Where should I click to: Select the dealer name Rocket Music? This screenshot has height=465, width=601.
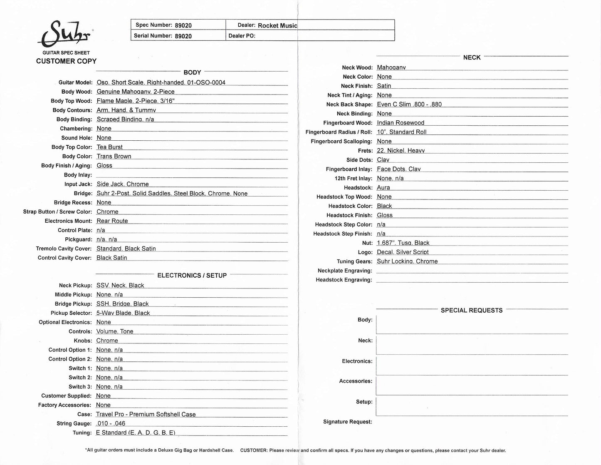pos(277,25)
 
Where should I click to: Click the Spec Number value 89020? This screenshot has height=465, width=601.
pos(183,25)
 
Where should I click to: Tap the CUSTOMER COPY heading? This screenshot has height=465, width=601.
pos(66,61)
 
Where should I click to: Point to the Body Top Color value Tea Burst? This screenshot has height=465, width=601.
pos(109,147)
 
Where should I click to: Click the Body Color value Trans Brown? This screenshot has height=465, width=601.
pos(114,156)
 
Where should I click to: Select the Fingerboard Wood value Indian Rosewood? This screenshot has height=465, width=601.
pos(400,123)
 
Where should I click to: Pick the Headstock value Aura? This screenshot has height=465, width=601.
pos(383,187)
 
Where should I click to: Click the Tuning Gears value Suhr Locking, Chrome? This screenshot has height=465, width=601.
pos(407,261)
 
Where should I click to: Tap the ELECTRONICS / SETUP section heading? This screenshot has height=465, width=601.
pos(192,276)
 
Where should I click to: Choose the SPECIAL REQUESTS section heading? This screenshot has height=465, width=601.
pos(471,310)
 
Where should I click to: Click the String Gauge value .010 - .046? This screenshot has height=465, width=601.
pos(110,423)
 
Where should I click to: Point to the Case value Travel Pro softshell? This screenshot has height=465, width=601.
pos(146,414)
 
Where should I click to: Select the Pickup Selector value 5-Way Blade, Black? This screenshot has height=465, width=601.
pos(123,313)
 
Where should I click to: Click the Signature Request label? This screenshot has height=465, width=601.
pos(347,422)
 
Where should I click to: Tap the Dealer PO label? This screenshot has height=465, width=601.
pos(242,36)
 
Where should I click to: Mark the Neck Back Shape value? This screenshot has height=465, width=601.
pos(409,104)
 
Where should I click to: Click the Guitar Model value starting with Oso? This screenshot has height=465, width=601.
pos(161,82)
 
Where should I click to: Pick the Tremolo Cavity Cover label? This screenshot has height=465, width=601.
pos(64,249)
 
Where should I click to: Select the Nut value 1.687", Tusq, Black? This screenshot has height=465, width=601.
pos(403,243)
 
